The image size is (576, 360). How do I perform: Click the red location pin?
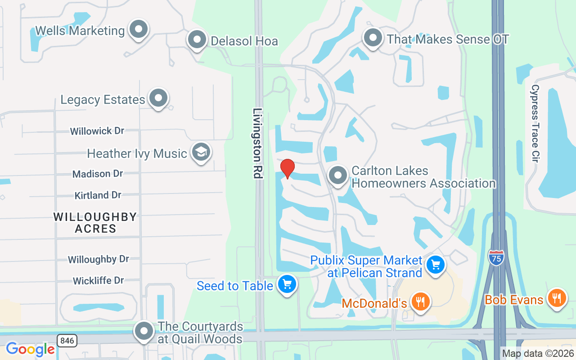tap(288, 168)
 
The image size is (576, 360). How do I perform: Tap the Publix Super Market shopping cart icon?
tap(435, 264)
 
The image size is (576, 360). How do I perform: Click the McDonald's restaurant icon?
tap(421, 301)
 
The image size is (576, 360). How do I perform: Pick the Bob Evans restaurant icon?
tap(557, 297)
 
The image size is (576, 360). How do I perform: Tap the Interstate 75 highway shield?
tap(496, 256)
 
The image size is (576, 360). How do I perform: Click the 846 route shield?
tap(67, 341)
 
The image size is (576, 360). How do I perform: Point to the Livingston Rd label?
tap(257, 143)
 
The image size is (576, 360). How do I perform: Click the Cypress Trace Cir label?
tap(535, 123)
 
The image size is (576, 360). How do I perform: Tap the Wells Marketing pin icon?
tap(138, 29)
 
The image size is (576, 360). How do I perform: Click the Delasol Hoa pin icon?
tap(197, 40)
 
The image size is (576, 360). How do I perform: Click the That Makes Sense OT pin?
tap(373, 38)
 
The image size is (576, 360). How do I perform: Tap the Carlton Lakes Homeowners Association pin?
tap(337, 175)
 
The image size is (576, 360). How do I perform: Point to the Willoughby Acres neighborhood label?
tap(95, 222)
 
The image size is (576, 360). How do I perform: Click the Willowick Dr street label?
tap(97, 131)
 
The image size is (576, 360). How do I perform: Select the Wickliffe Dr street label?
tap(98, 280)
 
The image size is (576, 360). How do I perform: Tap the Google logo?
tap(30, 349)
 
